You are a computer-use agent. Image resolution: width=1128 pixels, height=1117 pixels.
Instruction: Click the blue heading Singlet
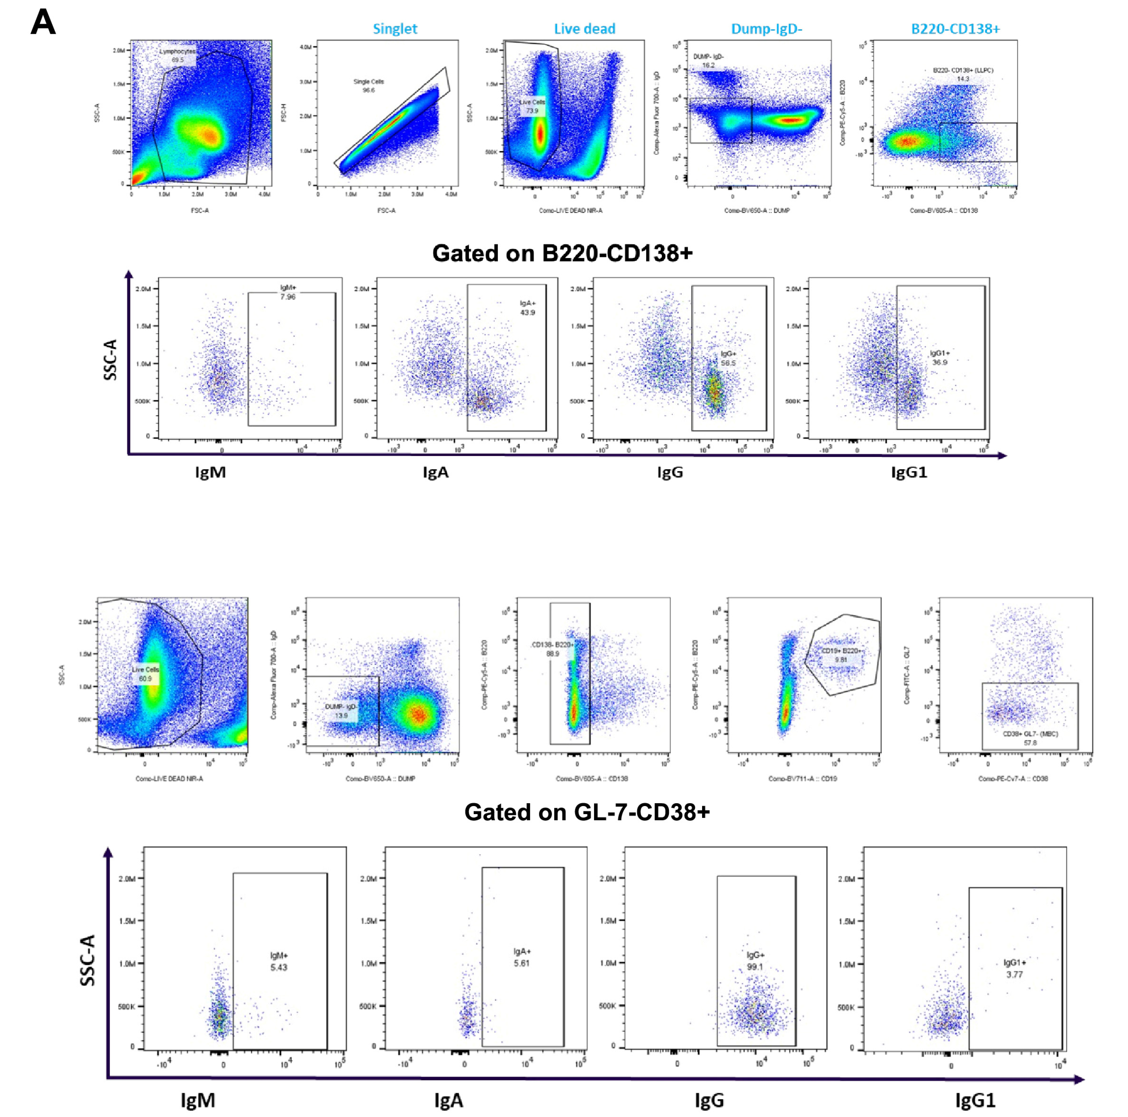coord(395,29)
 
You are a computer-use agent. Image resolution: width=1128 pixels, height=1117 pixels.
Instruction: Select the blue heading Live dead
coord(585,29)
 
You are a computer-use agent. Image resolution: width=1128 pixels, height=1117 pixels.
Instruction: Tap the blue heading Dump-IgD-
coord(767,29)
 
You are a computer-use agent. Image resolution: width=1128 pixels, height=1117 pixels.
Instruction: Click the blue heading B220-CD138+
coord(955,29)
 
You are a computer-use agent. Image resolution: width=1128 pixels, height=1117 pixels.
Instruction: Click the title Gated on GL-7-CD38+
coord(587,812)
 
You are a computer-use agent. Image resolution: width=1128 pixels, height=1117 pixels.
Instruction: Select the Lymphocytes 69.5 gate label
coord(177,55)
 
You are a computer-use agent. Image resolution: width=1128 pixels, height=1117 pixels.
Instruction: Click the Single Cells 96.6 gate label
coord(368,86)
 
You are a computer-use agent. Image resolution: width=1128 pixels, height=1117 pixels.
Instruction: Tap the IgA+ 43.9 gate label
coord(528,308)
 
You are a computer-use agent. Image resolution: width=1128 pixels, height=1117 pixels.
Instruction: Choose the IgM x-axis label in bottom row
coord(198,1101)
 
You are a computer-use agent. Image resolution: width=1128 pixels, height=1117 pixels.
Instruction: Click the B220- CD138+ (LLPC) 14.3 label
coord(963,74)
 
